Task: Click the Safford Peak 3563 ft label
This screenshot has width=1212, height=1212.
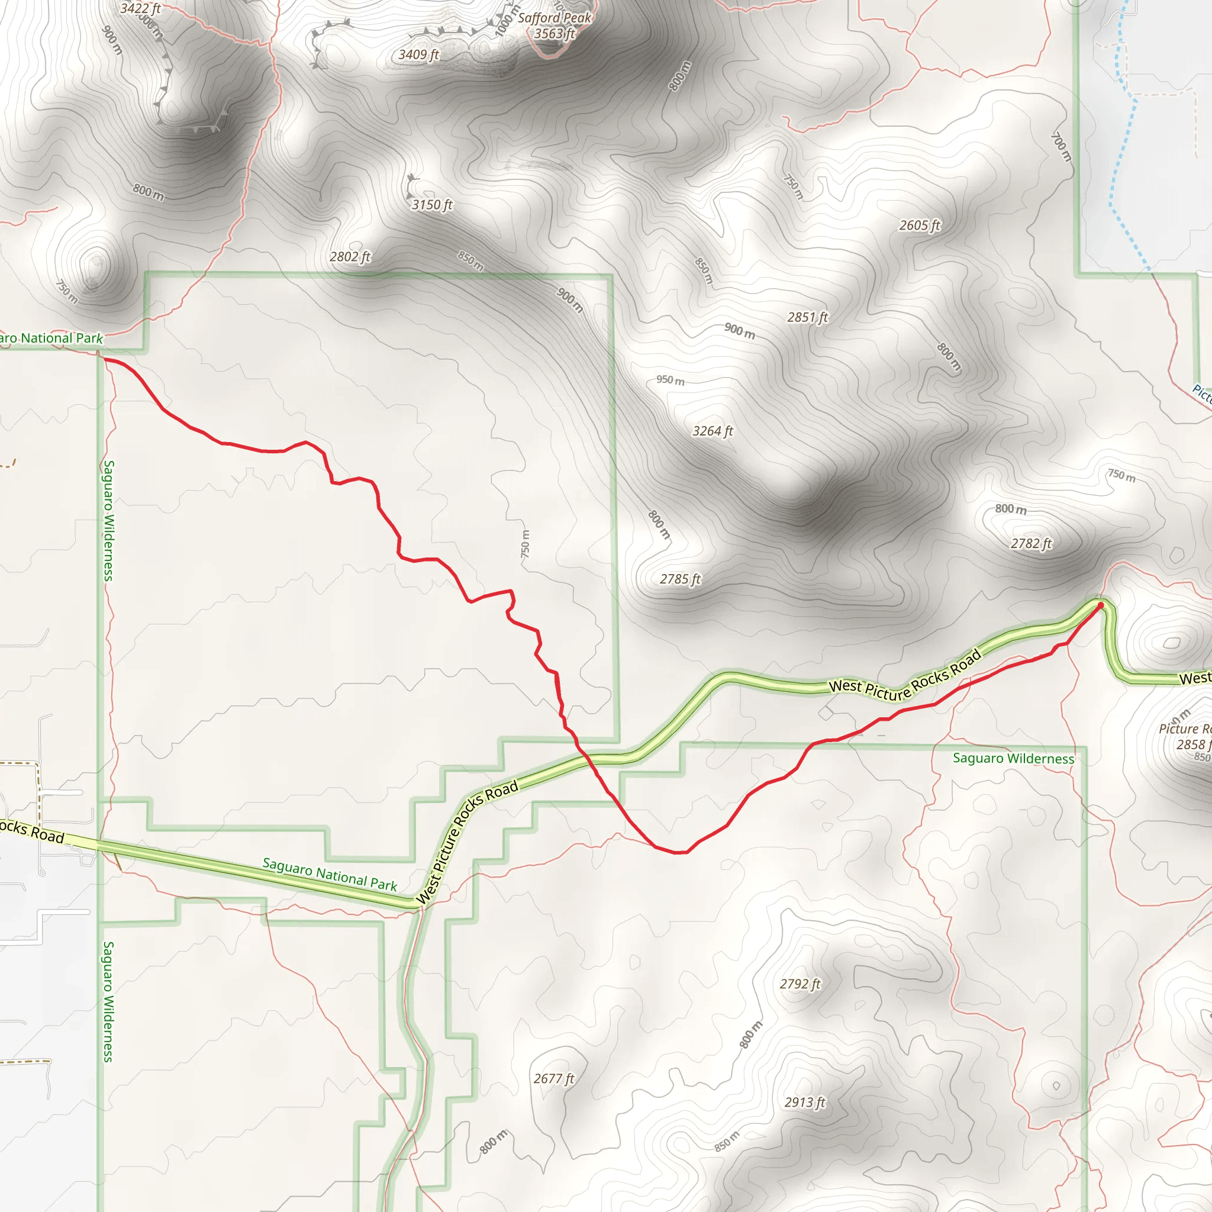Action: point(554,25)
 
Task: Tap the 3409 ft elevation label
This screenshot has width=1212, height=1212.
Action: point(418,55)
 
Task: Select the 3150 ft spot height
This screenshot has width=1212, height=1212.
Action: point(431,205)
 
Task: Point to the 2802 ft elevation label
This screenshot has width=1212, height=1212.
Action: point(350,257)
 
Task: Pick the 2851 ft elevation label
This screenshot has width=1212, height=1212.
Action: point(807,318)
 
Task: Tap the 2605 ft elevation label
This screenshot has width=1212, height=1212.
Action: point(920,226)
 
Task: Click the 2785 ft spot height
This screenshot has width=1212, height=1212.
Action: point(680,579)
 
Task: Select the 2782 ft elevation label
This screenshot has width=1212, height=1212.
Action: point(1031,544)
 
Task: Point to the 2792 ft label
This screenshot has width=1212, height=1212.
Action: point(800,984)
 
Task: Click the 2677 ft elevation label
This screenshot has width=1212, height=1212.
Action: point(554,1079)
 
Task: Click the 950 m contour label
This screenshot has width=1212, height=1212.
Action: point(670,380)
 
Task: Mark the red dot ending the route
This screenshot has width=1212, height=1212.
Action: point(1100,605)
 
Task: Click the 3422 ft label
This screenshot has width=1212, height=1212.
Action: point(140,9)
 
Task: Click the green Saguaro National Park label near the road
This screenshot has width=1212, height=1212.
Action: point(330,875)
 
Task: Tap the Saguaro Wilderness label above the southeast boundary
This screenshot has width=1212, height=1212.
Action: point(1013,759)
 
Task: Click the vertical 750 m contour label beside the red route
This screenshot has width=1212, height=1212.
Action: point(525,544)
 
